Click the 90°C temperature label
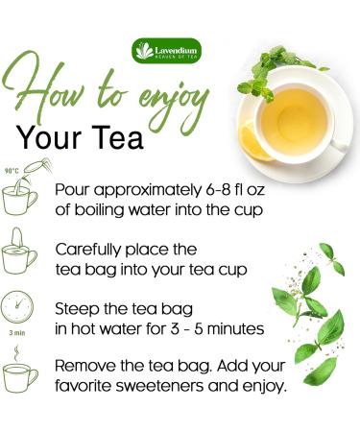[12, 171]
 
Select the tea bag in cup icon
[20, 252]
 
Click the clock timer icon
[20, 306]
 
